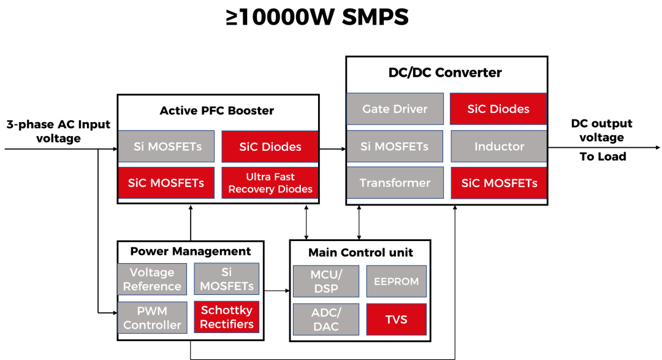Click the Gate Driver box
tap(395, 109)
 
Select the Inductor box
tap(498, 147)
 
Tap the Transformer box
tap(395, 183)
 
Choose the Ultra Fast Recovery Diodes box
tap(270, 183)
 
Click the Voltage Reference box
tap(152, 280)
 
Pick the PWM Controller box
tap(152, 318)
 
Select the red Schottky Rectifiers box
tap(227, 317)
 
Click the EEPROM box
tap(396, 281)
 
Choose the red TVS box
tap(396, 320)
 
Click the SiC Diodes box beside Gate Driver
tap(498, 109)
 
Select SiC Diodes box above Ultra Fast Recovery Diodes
tap(270, 147)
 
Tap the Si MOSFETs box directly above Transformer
tap(395, 147)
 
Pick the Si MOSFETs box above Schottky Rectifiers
tap(227, 279)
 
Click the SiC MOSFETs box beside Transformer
tap(498, 183)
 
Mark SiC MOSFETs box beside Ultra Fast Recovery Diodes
tap(166, 183)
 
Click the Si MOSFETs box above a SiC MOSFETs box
tap(166, 147)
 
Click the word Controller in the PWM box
tap(152, 325)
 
